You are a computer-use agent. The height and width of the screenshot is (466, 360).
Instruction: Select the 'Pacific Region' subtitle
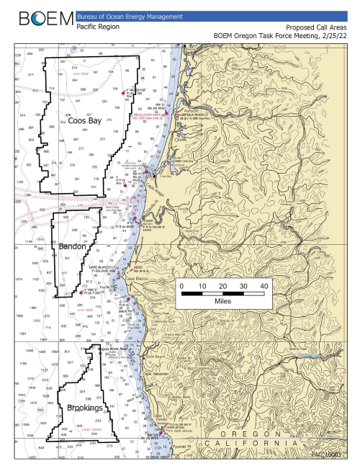(96, 26)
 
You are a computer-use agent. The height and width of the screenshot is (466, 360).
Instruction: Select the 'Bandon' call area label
(73, 246)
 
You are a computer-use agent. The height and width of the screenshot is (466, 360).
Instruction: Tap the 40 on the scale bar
(265, 286)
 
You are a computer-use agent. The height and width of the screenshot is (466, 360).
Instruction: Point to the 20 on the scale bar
(222, 286)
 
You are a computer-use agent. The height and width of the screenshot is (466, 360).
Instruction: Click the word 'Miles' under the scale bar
(222, 303)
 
